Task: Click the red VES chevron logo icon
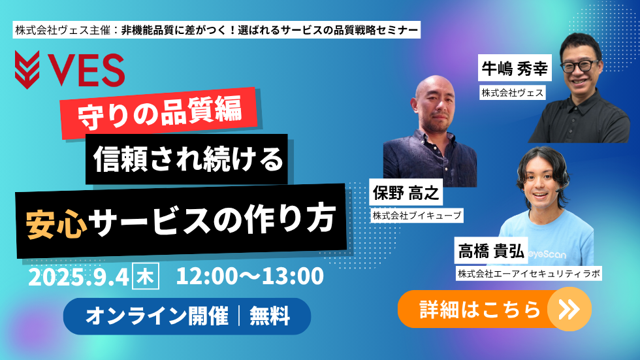tap(27, 69)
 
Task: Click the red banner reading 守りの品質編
tap(159, 112)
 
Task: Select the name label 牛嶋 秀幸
tap(515, 68)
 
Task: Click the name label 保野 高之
tap(406, 193)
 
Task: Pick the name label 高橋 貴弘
tap(491, 251)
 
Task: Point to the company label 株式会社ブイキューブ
tap(417, 216)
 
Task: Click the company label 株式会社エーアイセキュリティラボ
tap(529, 274)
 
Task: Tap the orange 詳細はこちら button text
tap(480, 310)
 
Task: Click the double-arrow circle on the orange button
tap(569, 310)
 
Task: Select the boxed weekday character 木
tap(146, 277)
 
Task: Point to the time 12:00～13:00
tap(249, 276)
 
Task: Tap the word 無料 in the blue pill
tap(269, 316)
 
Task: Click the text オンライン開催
tap(156, 316)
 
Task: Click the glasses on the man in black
tap(580, 65)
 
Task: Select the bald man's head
tap(436, 103)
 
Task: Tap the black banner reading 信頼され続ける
tap(187, 159)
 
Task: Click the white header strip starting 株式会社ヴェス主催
tap(216, 30)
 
